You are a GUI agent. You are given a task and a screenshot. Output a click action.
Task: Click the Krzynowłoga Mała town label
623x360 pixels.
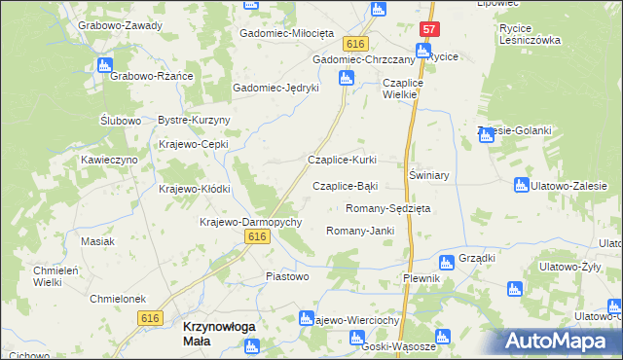(219, 335)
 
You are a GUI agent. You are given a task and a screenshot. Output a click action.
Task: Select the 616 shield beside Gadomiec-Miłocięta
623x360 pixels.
(355, 45)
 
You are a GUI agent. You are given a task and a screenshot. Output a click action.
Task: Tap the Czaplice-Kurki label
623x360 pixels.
(342, 160)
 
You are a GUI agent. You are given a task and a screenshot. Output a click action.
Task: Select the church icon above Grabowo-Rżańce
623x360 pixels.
(104, 66)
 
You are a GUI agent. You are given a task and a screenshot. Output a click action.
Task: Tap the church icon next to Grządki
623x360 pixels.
(446, 261)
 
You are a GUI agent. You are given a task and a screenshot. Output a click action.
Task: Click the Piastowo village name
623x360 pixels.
(287, 276)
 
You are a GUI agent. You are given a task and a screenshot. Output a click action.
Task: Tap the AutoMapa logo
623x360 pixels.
(562, 341)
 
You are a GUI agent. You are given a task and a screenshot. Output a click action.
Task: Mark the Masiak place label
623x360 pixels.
(98, 241)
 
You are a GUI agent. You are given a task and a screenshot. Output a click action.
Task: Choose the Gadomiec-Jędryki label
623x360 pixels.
(276, 88)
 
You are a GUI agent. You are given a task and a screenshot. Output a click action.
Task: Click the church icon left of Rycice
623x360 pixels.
(423, 51)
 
